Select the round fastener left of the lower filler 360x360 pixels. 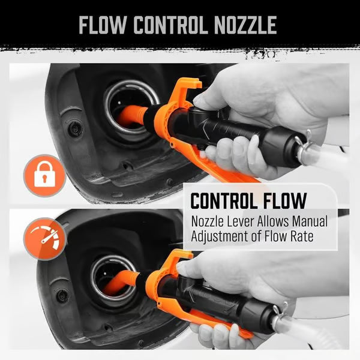[62, 295]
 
